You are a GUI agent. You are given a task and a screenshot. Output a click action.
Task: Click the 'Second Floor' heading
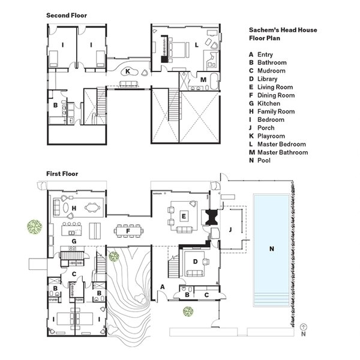coord(67,16)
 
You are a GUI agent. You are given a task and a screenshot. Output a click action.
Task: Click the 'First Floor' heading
coord(62,174)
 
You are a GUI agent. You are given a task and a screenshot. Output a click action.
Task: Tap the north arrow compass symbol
coord(304,327)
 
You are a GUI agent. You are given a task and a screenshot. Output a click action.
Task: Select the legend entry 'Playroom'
coord(267,136)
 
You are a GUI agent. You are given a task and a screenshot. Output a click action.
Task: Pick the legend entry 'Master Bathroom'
coord(278,152)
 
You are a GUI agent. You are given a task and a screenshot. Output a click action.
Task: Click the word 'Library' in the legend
coord(267,79)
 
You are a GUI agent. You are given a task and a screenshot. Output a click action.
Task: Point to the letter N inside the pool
coord(272,248)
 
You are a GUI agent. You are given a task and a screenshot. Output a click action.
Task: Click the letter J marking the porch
coord(230,229)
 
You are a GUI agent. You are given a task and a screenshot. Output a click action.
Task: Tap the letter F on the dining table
coord(128,231)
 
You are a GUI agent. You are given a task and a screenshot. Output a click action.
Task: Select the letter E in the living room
coord(184,216)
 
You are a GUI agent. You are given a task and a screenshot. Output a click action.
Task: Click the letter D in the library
coord(196,262)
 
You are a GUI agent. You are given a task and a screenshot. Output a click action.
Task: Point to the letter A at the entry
coord(163,287)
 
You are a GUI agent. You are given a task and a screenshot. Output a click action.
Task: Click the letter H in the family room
coord(74,208)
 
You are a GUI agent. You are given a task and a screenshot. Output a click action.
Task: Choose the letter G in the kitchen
coord(74,241)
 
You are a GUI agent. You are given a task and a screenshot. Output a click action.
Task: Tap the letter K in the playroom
coord(128,71)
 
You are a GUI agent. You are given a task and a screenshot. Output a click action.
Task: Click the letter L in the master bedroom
coord(197,45)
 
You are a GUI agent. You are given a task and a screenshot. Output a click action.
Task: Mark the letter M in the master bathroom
coord(203,80)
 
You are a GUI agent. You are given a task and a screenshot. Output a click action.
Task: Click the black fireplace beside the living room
coord(211,217)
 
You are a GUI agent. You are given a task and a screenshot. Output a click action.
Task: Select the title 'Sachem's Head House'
coord(283,30)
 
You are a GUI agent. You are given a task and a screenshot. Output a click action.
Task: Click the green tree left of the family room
coord(35,227)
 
